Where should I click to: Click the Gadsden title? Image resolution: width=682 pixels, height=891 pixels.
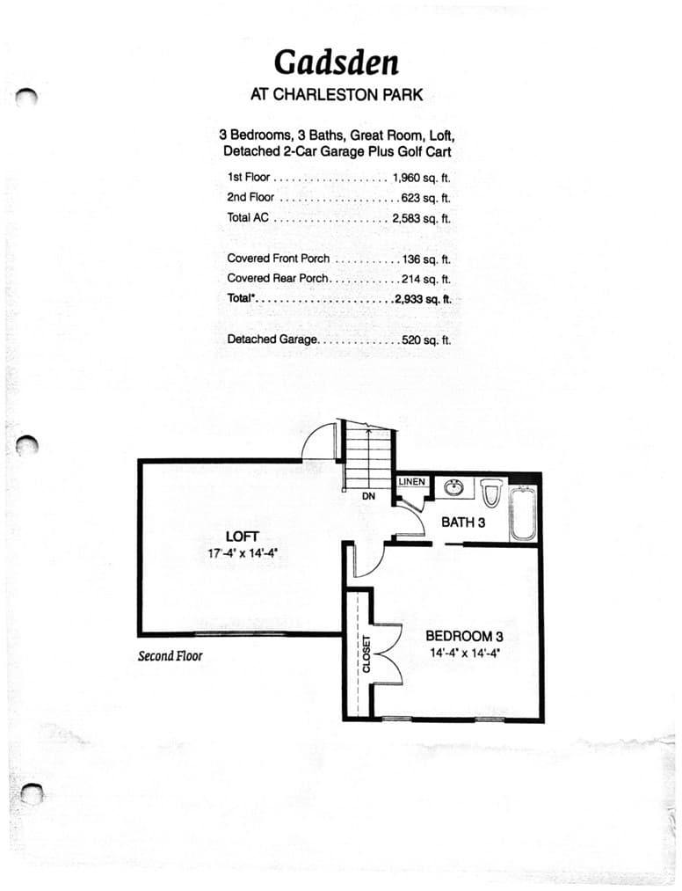337,62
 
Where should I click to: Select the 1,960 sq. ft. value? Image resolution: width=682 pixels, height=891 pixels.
421,178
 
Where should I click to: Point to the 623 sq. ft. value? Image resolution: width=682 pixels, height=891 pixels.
426,198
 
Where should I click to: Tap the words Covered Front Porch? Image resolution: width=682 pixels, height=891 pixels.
279,259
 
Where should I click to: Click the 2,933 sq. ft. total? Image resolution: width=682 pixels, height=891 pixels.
423,299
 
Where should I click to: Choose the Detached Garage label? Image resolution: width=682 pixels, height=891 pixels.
272,340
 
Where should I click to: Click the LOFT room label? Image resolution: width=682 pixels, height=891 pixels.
242,537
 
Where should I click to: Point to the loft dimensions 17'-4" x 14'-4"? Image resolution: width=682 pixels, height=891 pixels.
243,553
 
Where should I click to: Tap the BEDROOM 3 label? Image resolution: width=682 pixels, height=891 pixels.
465,637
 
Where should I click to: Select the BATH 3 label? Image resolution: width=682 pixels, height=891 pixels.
463,522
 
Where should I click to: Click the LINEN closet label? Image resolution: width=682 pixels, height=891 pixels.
411,482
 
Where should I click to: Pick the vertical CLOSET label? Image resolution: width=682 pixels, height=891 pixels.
366,654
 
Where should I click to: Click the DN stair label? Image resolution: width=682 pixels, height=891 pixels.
368,496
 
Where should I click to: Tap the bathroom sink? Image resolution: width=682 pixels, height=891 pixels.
453,488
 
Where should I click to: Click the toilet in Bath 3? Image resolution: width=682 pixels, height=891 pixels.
491,493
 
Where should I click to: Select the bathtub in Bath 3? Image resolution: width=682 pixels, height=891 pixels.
522,513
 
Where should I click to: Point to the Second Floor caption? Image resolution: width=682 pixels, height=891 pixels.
170,656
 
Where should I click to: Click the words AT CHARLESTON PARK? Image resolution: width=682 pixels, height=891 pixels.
337,95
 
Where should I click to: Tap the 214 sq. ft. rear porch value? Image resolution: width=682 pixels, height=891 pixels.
426,279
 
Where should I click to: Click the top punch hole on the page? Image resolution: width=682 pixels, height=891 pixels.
26,97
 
